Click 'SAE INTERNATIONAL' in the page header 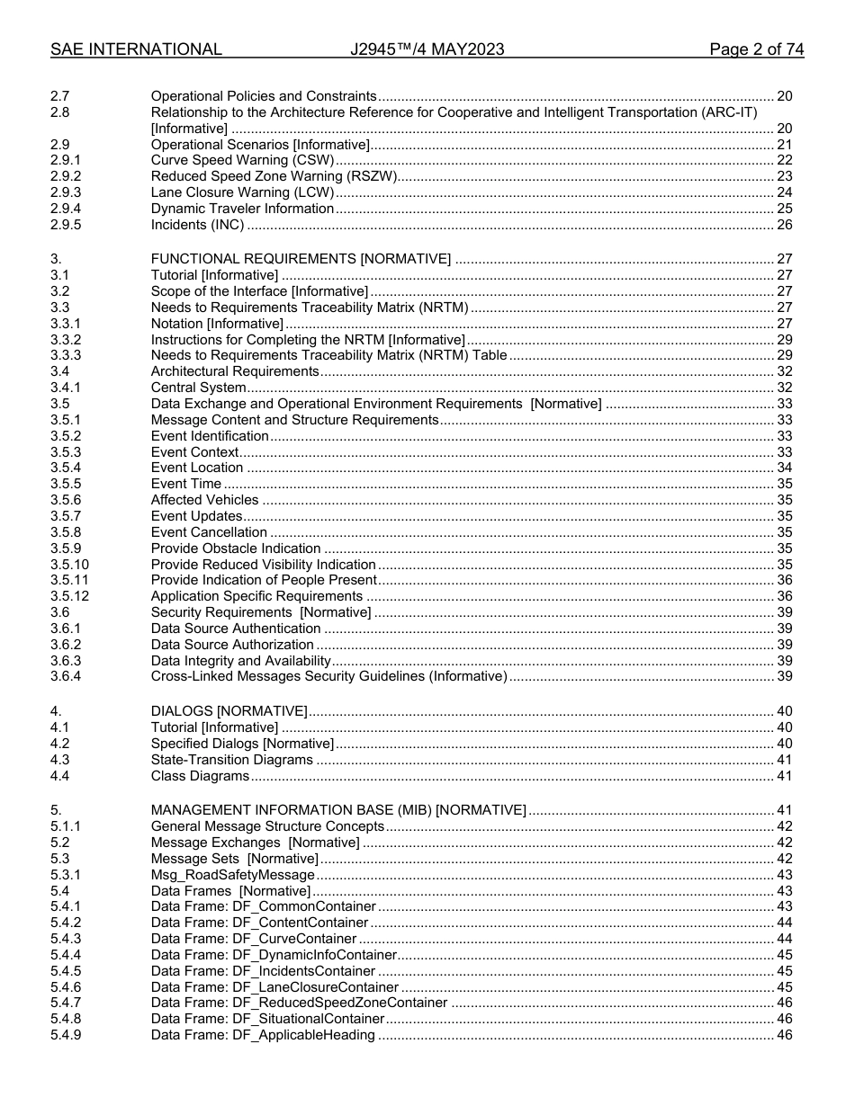[136, 49]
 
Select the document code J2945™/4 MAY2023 [427, 49]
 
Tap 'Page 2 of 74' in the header [756, 49]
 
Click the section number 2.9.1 [66, 160]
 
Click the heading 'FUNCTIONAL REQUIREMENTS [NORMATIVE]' [301, 259]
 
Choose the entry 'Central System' [198, 388]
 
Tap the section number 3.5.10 [70, 565]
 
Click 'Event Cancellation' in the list [209, 532]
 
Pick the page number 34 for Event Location [784, 468]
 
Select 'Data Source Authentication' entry [236, 629]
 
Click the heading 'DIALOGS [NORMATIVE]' [229, 711]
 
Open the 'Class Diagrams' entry [200, 776]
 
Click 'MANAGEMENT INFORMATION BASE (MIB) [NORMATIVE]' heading [338, 810]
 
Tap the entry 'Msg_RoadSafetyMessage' [232, 875]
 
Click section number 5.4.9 [66, 1035]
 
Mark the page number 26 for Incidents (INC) [784, 225]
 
